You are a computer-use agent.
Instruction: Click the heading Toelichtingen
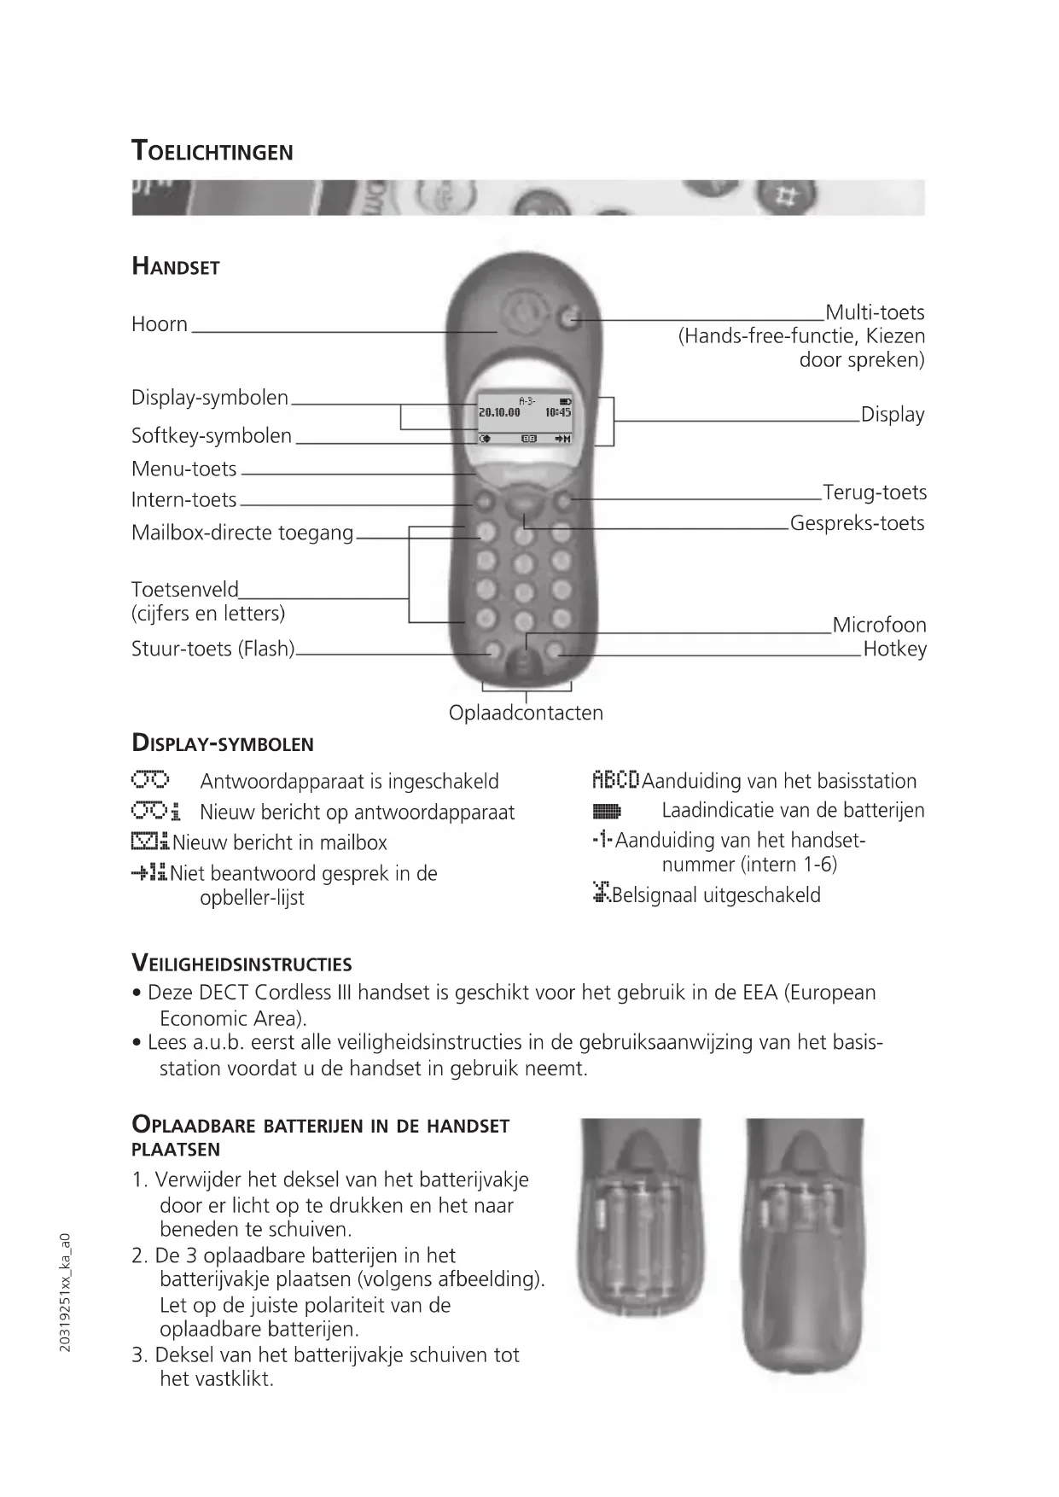212,151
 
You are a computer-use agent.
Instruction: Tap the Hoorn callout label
160,324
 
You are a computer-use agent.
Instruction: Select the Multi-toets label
875,312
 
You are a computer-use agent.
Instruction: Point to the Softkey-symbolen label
212,436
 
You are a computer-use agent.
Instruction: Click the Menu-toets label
184,469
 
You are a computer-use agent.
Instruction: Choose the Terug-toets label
874,492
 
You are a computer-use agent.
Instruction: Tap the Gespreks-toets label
857,523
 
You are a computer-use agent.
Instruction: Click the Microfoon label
879,625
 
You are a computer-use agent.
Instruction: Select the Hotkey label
894,649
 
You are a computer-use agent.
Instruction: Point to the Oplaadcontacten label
526,713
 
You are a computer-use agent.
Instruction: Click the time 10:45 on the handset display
558,412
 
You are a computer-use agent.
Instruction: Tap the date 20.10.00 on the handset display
499,412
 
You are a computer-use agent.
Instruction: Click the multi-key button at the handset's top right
570,319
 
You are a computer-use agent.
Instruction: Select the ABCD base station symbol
615,780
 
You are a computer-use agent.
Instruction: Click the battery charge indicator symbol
607,811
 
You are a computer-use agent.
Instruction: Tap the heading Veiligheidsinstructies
241,964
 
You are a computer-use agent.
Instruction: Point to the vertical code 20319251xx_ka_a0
66,1292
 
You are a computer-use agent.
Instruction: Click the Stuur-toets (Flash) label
212,649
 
